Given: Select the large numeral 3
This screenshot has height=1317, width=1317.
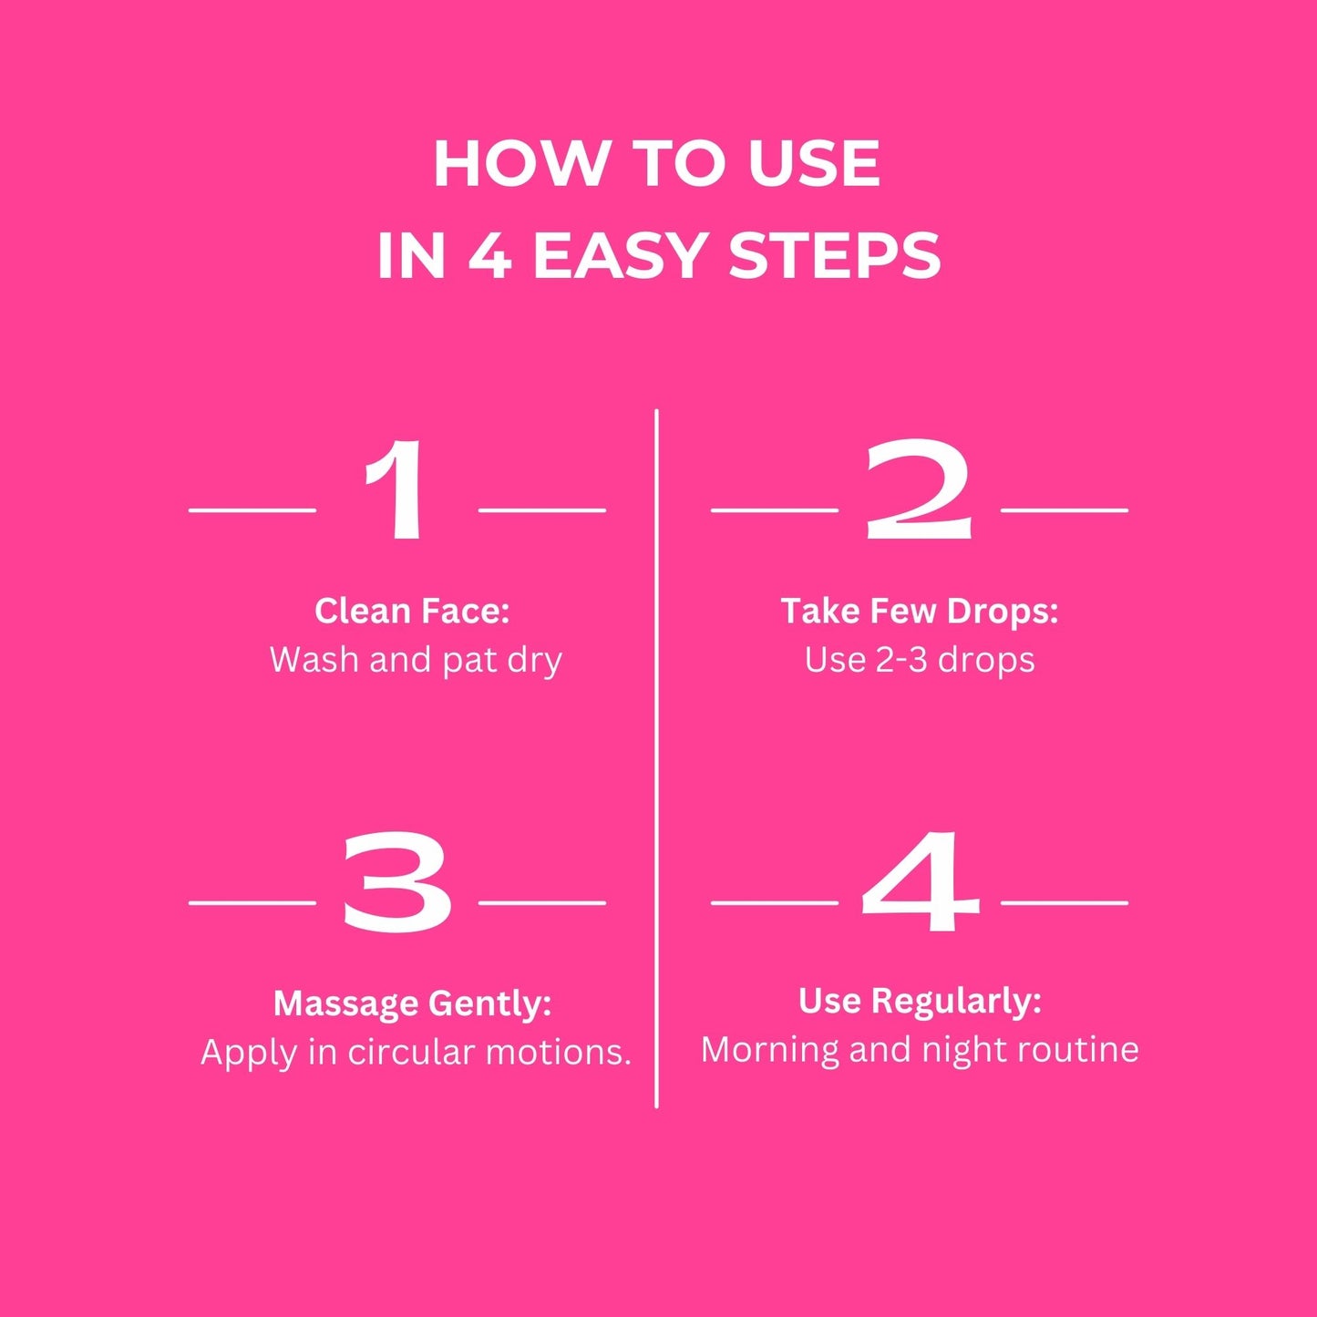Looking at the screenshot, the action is (x=397, y=883).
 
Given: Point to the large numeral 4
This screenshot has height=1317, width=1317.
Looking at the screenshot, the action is (x=920, y=883).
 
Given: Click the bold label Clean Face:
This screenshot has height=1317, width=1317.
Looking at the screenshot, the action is (x=412, y=611).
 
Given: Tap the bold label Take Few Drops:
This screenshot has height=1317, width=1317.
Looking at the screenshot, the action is (x=920, y=611).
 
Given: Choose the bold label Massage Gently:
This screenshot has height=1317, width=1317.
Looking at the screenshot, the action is (x=412, y=1003).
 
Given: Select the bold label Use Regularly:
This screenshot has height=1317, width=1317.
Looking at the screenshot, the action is (x=920, y=1002).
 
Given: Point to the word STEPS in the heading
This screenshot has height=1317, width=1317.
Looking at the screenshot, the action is (x=835, y=256).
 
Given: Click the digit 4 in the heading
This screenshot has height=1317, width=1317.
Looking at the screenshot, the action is (x=490, y=256).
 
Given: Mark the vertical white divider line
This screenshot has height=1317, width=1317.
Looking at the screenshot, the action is (x=656, y=758).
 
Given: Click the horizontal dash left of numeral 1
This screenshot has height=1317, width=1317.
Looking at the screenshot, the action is (x=252, y=509).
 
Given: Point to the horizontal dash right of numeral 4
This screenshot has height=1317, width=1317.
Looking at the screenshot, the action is (x=1065, y=903).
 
